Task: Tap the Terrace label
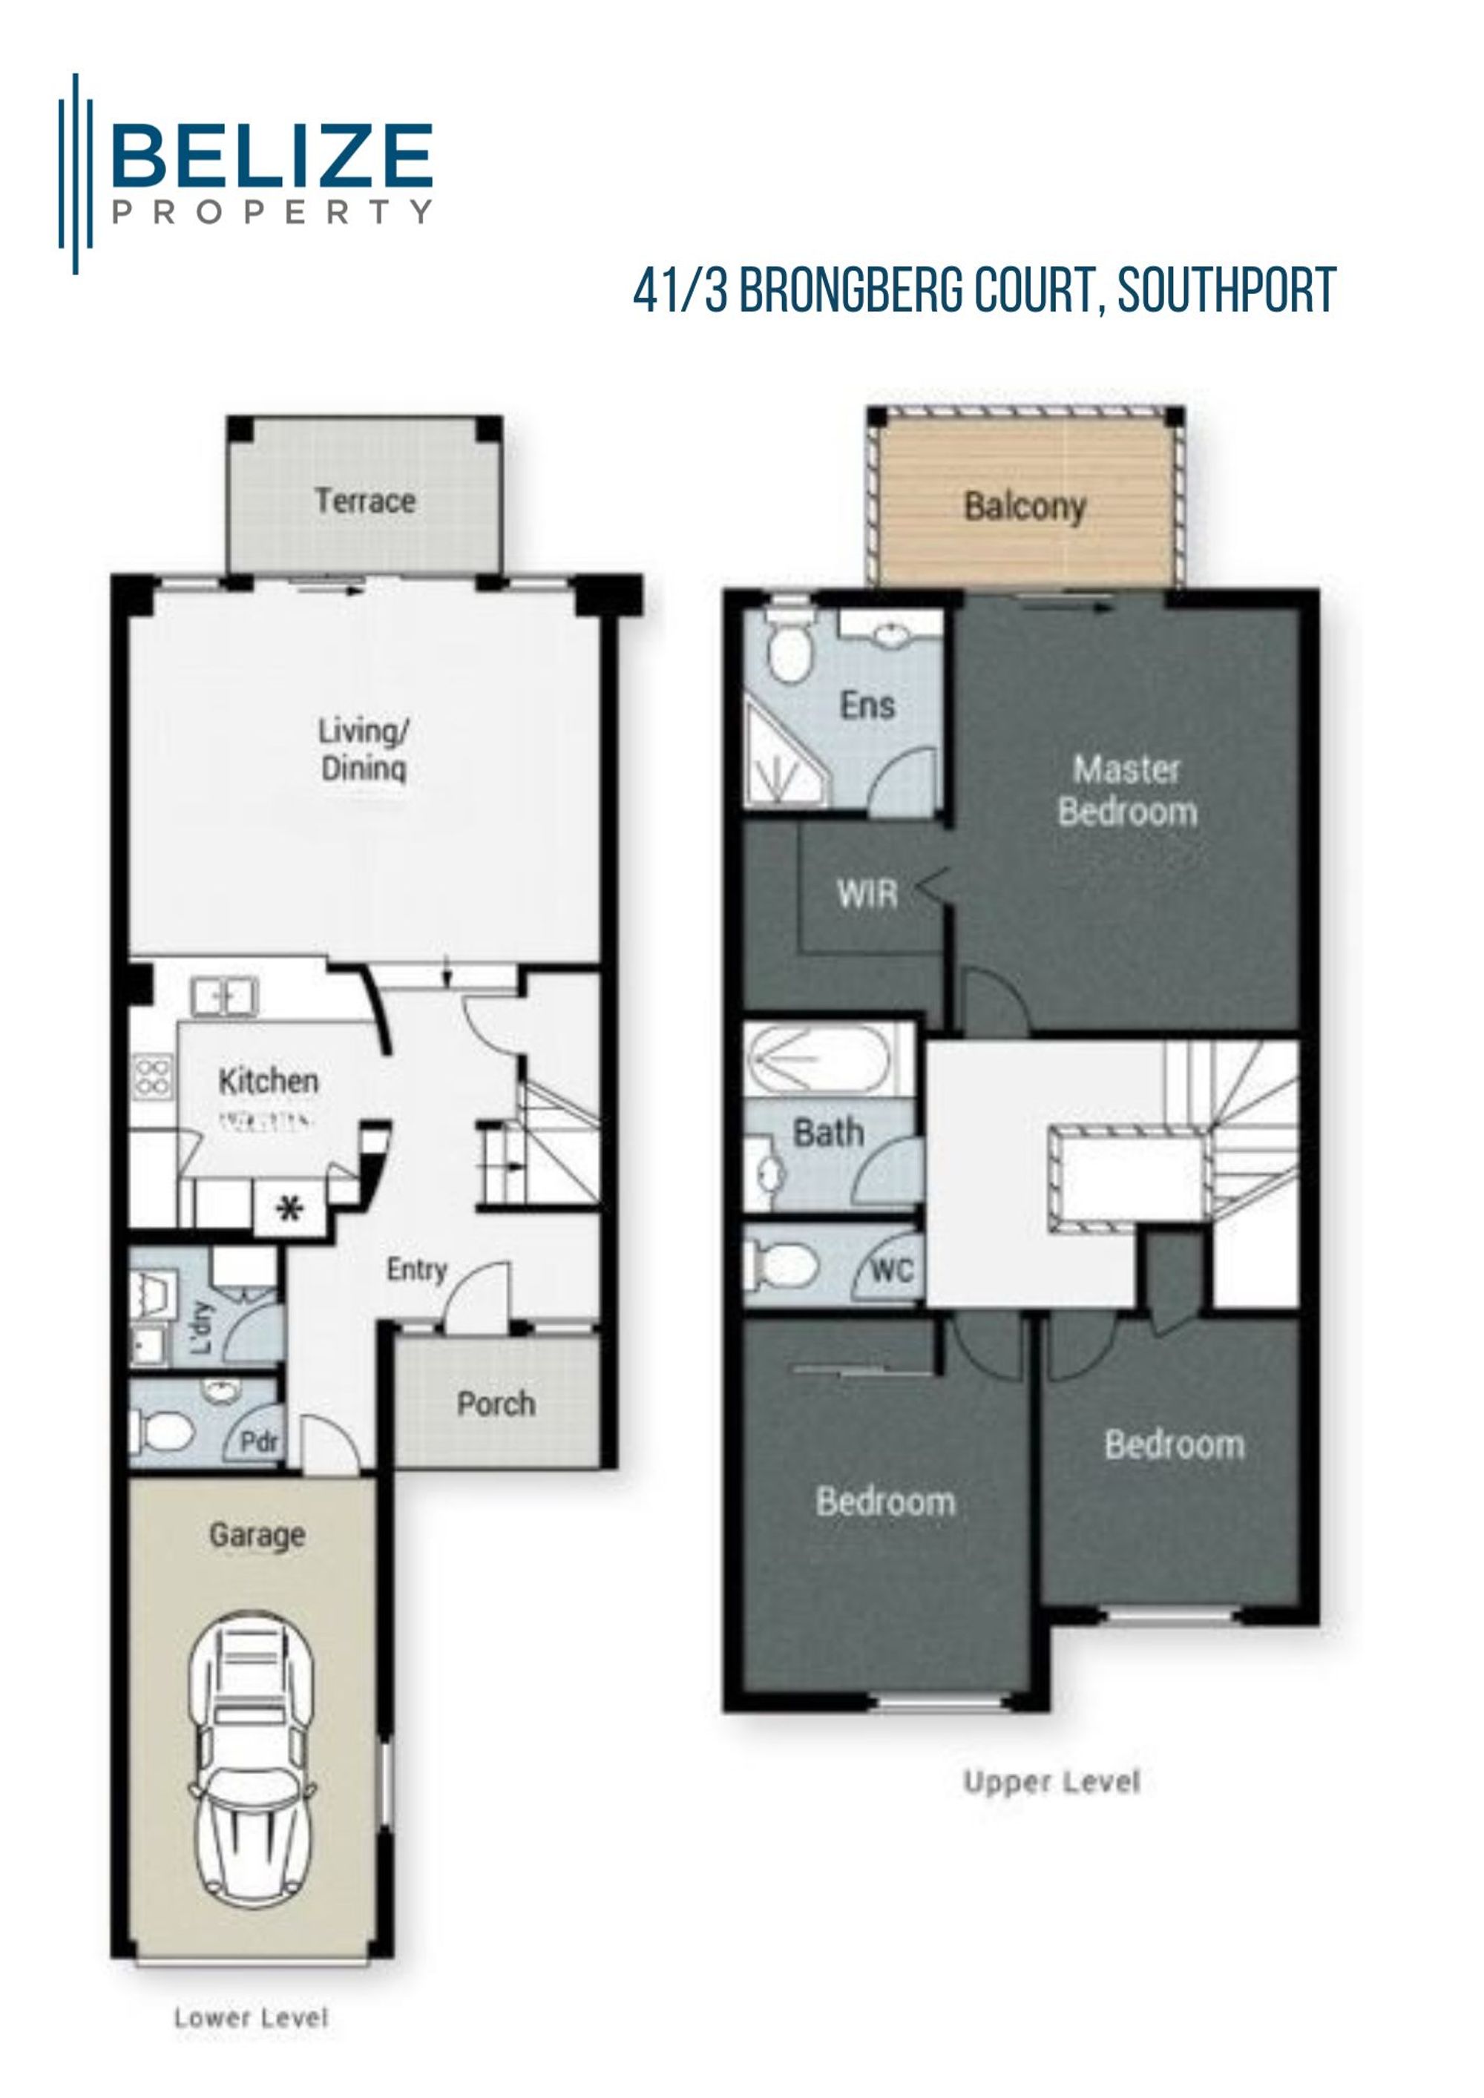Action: [x=366, y=501]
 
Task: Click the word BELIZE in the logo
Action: [x=272, y=157]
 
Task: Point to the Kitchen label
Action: [x=269, y=1081]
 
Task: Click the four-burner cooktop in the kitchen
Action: [x=153, y=1076]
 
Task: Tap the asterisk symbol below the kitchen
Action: [x=289, y=1211]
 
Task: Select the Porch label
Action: [x=496, y=1404]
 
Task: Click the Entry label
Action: [x=417, y=1269]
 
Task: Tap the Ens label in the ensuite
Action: [x=867, y=706]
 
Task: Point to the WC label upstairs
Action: [x=892, y=1270]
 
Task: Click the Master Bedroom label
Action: [x=1126, y=789]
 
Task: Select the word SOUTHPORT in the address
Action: [x=1227, y=291]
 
